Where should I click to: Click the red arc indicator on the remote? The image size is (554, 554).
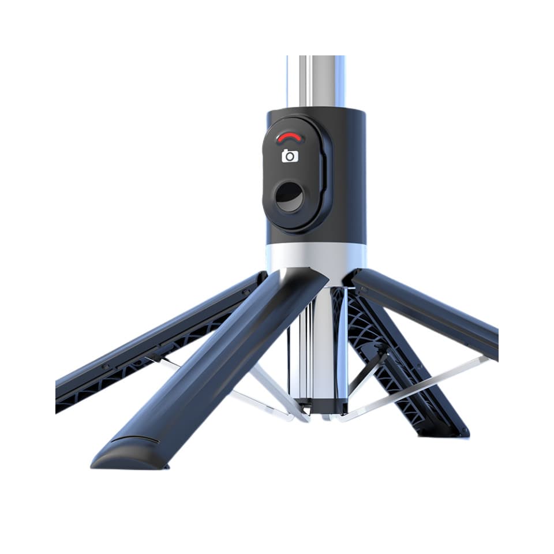(290, 137)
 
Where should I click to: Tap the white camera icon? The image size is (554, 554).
(290, 156)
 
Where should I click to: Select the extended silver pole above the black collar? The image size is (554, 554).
(316, 81)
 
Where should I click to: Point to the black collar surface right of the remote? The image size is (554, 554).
(349, 173)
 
